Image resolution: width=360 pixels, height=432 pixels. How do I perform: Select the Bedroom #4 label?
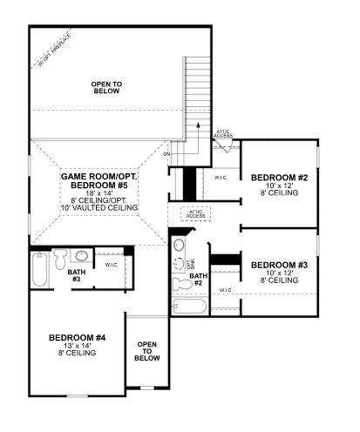coord(77,337)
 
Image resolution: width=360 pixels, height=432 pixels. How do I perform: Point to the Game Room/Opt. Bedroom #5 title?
coord(100,181)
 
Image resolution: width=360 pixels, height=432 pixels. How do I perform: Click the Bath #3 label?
coord(76,275)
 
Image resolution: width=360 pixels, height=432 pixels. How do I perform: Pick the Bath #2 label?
coord(196,280)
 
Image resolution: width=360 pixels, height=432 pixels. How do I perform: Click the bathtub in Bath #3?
coord(40,271)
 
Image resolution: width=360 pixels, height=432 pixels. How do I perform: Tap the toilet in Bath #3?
coord(60,258)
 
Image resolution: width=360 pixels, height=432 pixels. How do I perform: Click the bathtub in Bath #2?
coord(189,307)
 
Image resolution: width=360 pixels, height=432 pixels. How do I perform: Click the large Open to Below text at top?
coord(106,86)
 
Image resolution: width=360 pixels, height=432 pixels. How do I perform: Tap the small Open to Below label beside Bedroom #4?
coord(147,351)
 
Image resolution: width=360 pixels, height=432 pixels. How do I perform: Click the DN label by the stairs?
coord(166,152)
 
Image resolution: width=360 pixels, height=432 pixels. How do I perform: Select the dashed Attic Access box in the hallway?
coord(194,213)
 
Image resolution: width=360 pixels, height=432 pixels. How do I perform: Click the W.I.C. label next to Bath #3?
coord(112,264)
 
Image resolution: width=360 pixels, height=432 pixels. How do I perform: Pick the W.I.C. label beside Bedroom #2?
coord(221,178)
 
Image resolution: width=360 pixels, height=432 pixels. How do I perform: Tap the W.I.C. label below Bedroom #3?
coord(225,289)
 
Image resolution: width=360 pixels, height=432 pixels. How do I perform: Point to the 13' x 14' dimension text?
coord(77,345)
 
